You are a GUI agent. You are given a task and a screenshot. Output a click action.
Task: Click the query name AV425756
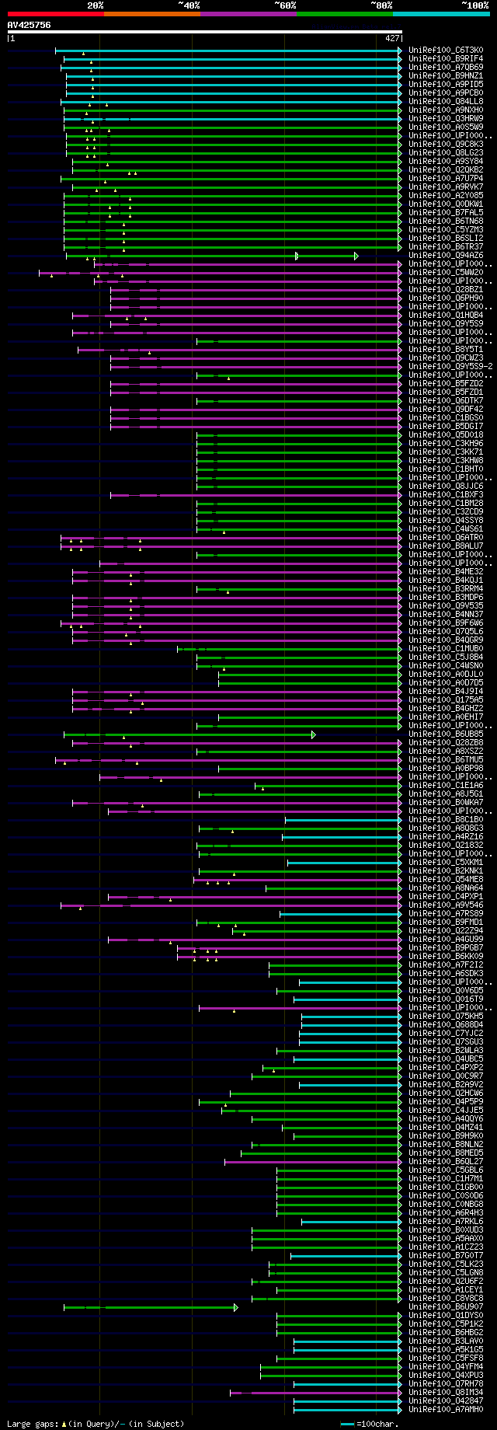(x=30, y=25)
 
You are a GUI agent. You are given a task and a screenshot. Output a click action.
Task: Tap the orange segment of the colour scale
(x=151, y=14)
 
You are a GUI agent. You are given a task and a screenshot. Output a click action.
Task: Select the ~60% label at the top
(x=285, y=5)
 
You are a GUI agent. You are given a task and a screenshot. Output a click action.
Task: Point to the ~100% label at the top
(x=474, y=5)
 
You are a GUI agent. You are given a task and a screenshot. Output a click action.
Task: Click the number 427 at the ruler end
(x=391, y=37)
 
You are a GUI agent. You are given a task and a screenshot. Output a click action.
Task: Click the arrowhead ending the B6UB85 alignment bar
(x=314, y=734)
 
